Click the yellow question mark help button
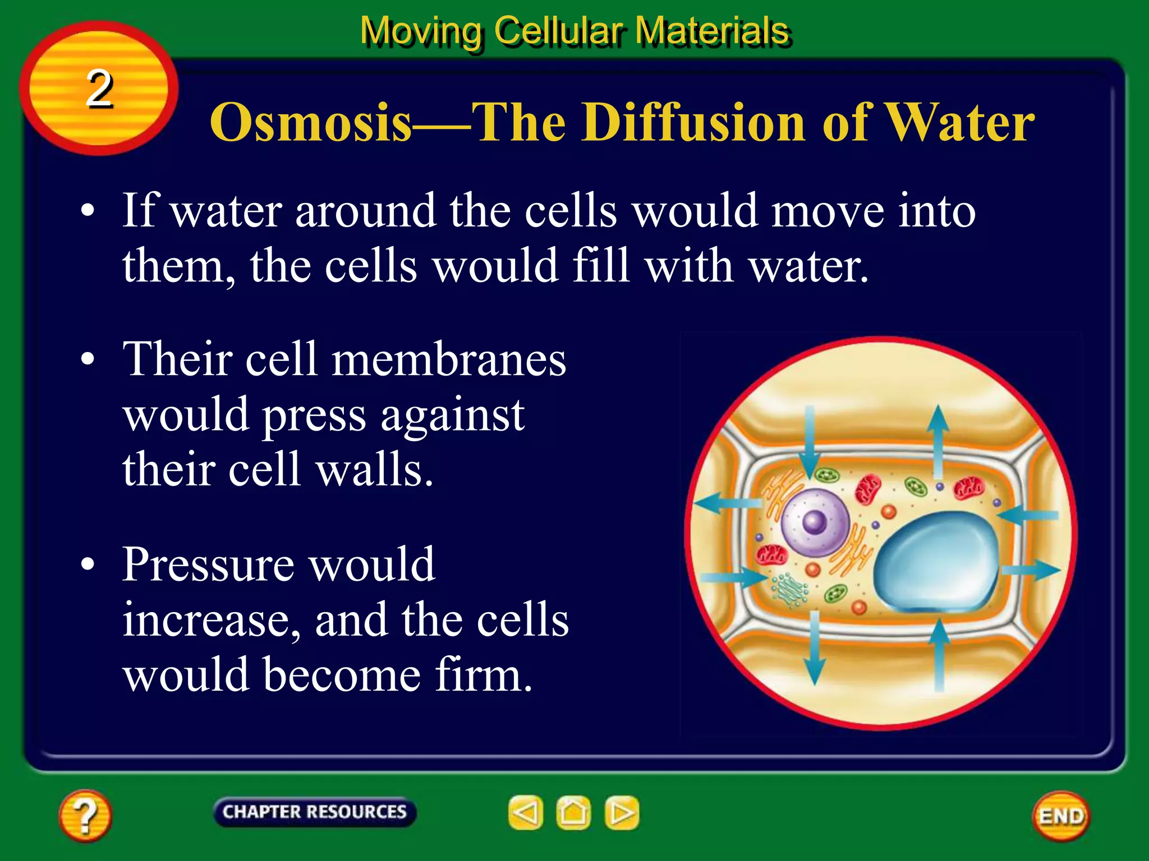click(85, 816)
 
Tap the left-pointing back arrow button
click(526, 812)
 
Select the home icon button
click(573, 812)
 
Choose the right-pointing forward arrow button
click(622, 812)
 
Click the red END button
click(1060, 816)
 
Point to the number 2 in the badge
click(99, 89)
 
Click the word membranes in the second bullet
click(449, 360)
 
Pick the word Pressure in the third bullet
click(207, 564)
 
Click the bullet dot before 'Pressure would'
click(88, 564)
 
